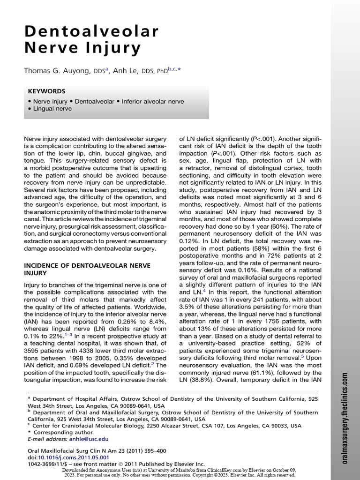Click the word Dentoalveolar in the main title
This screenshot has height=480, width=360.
(x=92, y=31)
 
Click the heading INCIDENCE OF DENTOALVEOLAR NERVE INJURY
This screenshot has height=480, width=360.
(x=87, y=269)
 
